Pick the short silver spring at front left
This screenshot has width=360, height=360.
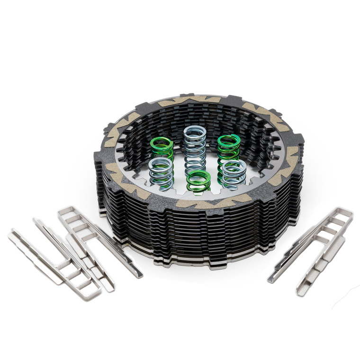(x=161, y=173)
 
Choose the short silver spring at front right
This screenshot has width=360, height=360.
(x=234, y=174)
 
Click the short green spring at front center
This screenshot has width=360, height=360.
(x=198, y=181)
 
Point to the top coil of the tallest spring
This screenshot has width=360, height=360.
(x=195, y=132)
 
